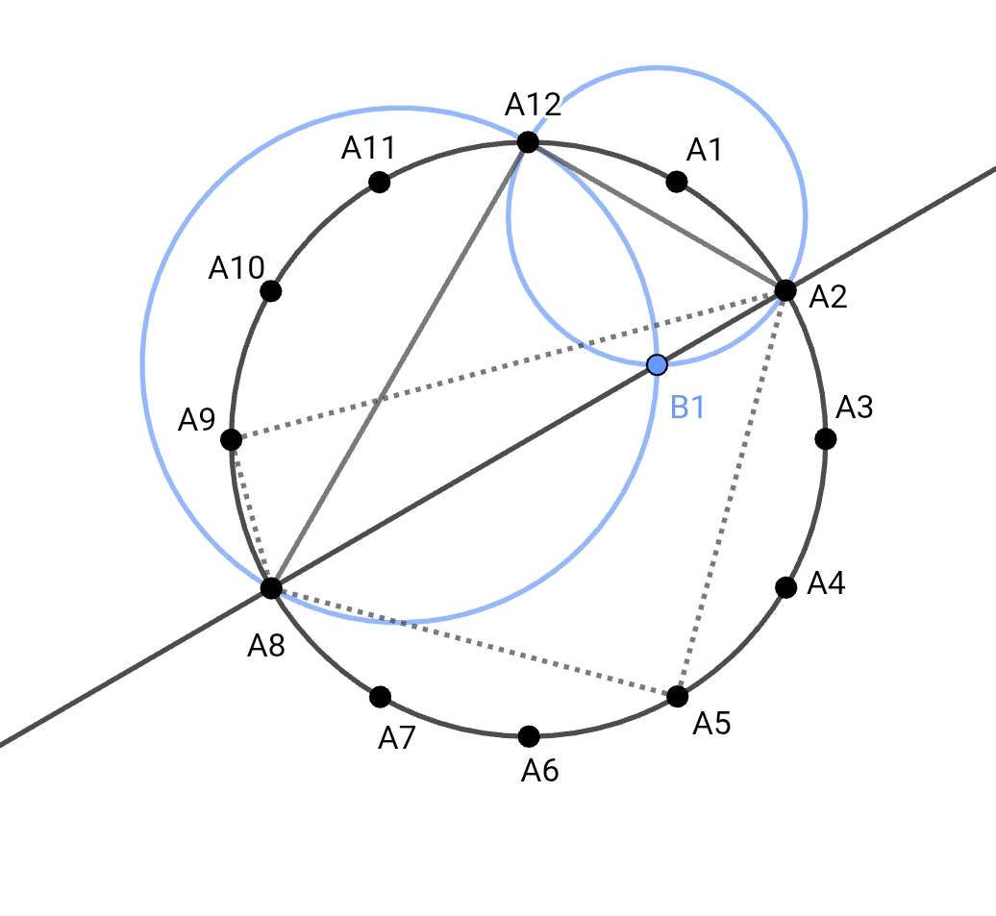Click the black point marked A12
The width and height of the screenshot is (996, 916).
tap(528, 142)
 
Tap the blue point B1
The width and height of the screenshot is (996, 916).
tap(657, 364)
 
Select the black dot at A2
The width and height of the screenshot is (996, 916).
tap(785, 290)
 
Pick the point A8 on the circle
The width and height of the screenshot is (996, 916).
tap(271, 587)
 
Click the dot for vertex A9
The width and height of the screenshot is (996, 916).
tap(231, 439)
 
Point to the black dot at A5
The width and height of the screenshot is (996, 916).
tap(677, 695)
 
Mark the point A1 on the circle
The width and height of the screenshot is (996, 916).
tap(677, 181)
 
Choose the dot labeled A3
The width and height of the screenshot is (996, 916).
tap(825, 439)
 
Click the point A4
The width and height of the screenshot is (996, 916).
tap(785, 587)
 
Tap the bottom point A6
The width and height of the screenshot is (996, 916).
tap(528, 736)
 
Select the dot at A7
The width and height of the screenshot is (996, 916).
tap(380, 696)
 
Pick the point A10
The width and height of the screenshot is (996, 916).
tap(271, 290)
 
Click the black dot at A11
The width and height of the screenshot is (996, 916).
tap(380, 181)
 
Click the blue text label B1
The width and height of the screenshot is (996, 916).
tap(687, 408)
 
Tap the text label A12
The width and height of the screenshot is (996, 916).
tap(534, 104)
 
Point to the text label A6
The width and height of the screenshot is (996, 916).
tap(539, 770)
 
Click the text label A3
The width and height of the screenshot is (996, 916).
tap(854, 408)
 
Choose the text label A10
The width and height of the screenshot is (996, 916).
tap(237, 268)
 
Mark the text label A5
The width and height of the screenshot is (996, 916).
tap(711, 723)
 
